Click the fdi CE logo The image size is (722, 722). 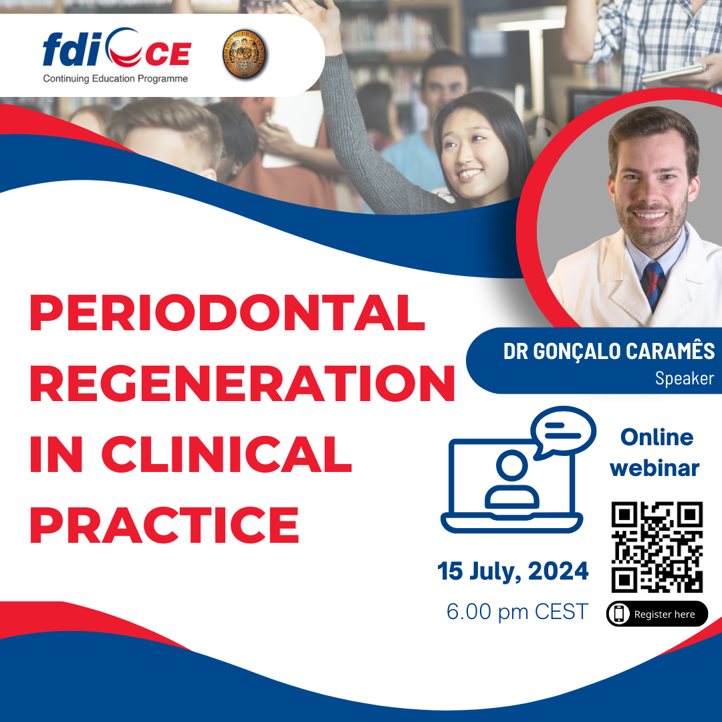tap(116, 48)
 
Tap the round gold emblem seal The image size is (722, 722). tap(245, 54)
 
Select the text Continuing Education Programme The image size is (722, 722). tap(115, 79)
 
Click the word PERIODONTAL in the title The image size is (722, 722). tap(227, 313)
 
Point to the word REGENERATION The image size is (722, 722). tap(242, 383)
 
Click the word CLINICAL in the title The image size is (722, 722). tap(227, 454)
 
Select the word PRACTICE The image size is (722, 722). tap(164, 525)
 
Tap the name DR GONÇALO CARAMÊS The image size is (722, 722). tap(609, 351)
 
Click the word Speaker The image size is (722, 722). tap(685, 378)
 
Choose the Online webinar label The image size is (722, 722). tap(655, 453)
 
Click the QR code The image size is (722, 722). tap(657, 547)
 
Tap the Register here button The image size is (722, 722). tap(657, 614)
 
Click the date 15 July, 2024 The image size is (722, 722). tap(513, 572)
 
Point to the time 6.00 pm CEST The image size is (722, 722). tap(517, 612)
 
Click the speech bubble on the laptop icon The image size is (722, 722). tap(563, 431)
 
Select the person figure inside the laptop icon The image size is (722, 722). tap(511, 479)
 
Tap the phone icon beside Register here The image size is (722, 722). tap(619, 614)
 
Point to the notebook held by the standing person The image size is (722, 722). tap(673, 72)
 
